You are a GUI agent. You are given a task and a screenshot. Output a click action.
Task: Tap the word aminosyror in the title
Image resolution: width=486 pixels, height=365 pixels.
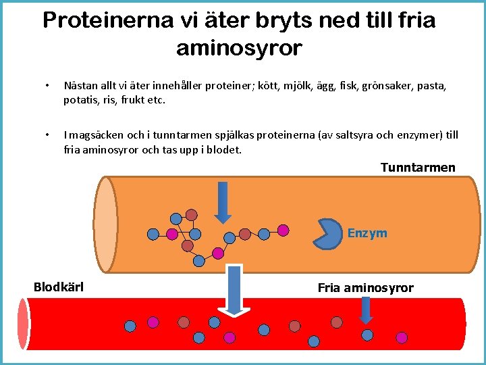point(239,49)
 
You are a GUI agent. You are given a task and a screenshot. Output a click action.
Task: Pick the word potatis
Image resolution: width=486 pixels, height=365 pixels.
point(79,100)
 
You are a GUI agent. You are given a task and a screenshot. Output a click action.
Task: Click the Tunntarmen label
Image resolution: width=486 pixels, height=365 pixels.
point(418,168)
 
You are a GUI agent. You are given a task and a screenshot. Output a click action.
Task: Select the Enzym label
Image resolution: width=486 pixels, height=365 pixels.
point(367,233)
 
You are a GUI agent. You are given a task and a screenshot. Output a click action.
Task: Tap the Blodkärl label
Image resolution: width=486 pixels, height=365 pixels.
point(59,287)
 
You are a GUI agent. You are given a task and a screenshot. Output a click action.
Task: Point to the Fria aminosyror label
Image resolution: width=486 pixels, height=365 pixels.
point(365,288)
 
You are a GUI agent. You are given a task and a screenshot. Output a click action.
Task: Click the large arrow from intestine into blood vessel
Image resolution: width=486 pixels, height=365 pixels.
point(234,291)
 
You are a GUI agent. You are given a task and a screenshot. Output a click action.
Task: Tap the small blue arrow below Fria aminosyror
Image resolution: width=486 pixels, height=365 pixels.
point(366,310)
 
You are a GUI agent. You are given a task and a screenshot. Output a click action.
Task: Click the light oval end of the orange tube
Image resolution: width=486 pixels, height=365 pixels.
point(105,224)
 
